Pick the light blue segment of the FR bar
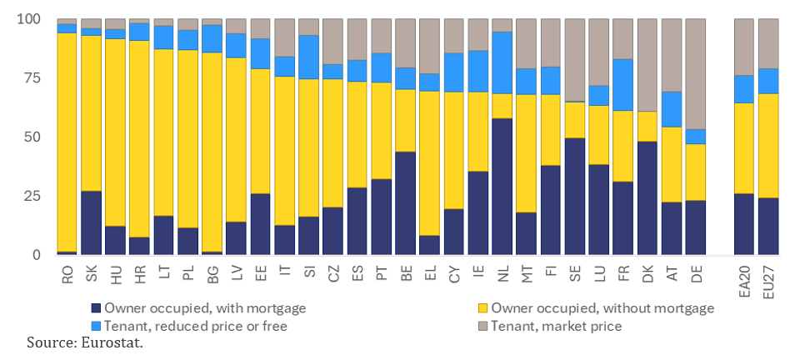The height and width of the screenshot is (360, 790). point(622,84)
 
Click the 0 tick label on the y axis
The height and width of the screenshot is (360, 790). point(35,255)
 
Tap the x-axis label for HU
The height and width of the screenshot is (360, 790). point(116,276)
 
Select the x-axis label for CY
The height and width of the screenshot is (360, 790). point(453,276)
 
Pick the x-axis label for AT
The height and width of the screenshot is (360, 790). point(671,276)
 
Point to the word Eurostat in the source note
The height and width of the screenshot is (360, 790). point(117,343)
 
